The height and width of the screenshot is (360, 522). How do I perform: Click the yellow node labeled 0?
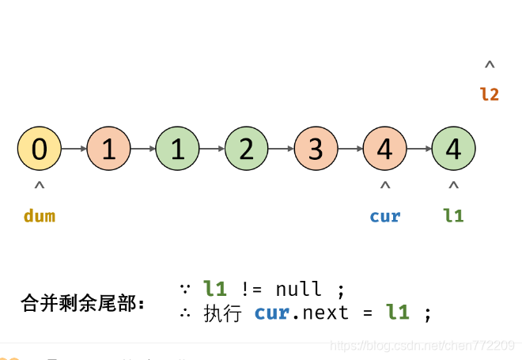click(x=39, y=149)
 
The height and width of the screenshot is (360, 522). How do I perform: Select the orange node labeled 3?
click(x=316, y=149)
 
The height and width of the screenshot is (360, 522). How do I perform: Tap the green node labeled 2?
click(x=247, y=149)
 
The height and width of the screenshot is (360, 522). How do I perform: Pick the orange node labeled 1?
click(x=108, y=149)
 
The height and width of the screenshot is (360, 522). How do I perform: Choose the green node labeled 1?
click(x=177, y=149)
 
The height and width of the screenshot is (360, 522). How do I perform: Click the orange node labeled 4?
click(x=384, y=149)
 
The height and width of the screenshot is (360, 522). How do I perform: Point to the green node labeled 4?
click(x=453, y=149)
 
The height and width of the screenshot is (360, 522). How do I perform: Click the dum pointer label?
click(x=40, y=216)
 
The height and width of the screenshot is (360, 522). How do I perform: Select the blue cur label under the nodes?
click(x=385, y=216)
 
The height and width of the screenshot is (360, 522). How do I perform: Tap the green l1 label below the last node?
click(x=453, y=216)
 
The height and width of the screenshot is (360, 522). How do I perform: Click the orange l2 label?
click(x=490, y=94)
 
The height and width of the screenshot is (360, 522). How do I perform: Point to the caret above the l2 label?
click(x=490, y=66)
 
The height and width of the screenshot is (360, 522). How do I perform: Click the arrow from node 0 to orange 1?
click(x=74, y=149)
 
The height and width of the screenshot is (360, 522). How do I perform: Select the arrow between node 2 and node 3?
click(x=281, y=149)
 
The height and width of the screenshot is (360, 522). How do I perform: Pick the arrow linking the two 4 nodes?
click(x=419, y=149)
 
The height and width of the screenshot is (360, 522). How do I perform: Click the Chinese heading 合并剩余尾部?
click(x=82, y=303)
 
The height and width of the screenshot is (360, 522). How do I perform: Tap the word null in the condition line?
click(x=299, y=289)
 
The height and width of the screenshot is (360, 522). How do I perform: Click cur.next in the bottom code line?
click(x=301, y=313)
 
